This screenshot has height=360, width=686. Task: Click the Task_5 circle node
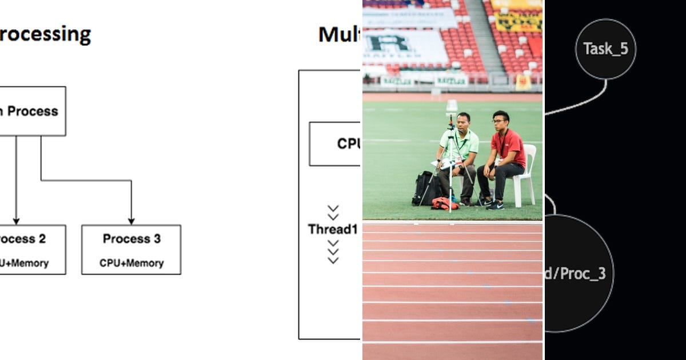click(x=605, y=49)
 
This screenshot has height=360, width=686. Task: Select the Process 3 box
click(x=131, y=249)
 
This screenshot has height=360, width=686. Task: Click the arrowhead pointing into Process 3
click(x=131, y=221)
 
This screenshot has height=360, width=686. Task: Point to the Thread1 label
click(x=333, y=229)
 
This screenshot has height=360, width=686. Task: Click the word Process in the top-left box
click(x=33, y=111)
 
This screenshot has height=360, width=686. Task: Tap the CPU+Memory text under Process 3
click(x=131, y=263)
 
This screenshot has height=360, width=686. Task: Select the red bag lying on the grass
click(x=444, y=203)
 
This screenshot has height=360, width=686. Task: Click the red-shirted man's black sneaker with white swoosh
click(x=496, y=205)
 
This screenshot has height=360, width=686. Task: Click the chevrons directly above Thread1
click(x=333, y=213)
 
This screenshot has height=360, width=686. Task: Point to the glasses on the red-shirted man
click(x=499, y=121)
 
